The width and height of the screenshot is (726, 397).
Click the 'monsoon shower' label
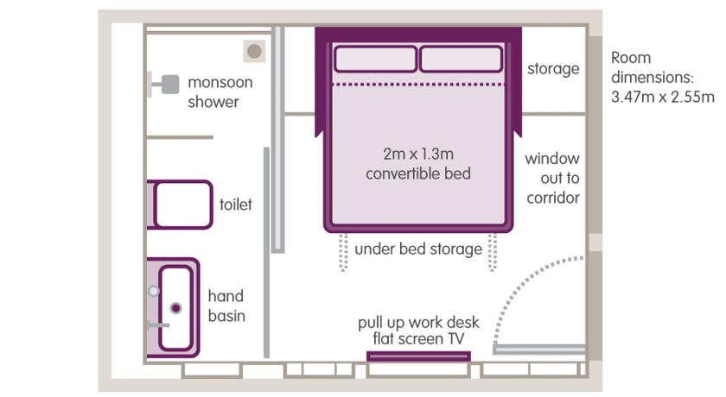pyautogui.click(x=220, y=92)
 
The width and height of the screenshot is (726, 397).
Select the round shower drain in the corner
pyautogui.click(x=254, y=52)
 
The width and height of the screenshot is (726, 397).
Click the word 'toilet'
pyautogui.click(x=236, y=205)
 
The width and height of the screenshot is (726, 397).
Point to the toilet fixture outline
pyautogui.click(x=181, y=205)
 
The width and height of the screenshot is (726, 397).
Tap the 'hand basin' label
pyautogui.click(x=226, y=306)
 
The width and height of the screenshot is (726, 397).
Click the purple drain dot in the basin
pyautogui.click(x=176, y=307)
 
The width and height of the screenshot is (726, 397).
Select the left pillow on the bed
pyautogui.click(x=375, y=59)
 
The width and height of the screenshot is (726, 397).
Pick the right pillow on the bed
pyautogui.click(x=460, y=59)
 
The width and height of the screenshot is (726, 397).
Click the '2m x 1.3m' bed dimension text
pyautogui.click(x=417, y=154)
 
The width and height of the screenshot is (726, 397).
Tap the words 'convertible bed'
pyautogui.click(x=417, y=173)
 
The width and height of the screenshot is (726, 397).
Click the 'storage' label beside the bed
pyautogui.click(x=553, y=68)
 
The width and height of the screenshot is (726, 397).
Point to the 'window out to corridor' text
pyautogui.click(x=552, y=179)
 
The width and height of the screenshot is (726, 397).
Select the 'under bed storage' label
pyautogui.click(x=417, y=249)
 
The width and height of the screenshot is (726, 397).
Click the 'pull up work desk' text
pyautogui.click(x=418, y=323)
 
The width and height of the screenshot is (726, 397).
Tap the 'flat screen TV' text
pyautogui.click(x=418, y=339)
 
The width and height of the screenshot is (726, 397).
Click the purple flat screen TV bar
pyautogui.click(x=418, y=356)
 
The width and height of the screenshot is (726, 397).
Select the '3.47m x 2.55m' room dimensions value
pyautogui.click(x=663, y=97)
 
